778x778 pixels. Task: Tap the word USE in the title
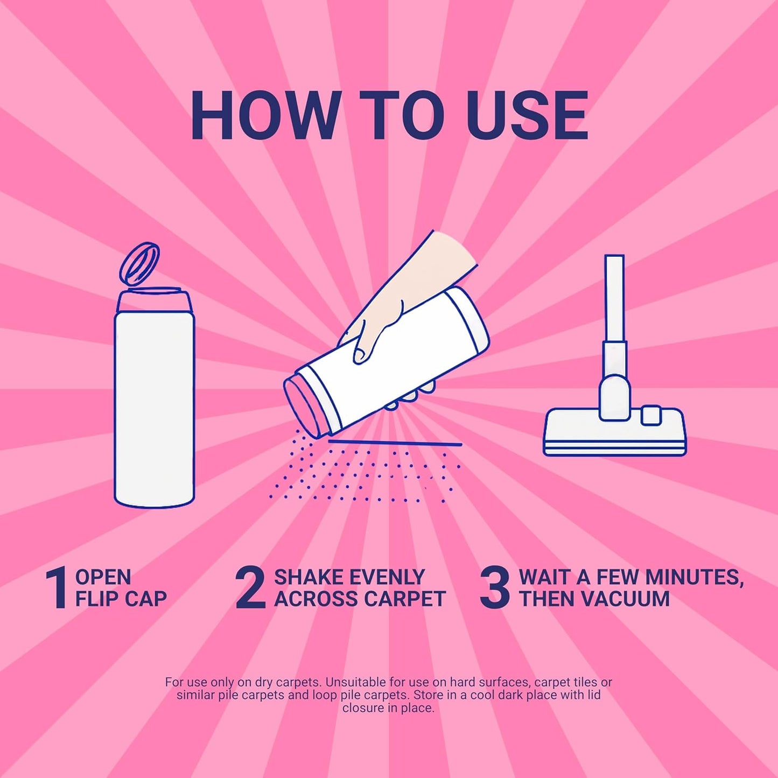tap(527, 115)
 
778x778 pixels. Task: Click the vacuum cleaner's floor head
tap(614, 432)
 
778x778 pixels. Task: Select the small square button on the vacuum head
tap(651, 415)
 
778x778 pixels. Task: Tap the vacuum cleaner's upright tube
tap(614, 299)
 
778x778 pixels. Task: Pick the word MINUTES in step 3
tap(692, 578)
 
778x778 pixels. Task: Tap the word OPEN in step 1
tap(103, 577)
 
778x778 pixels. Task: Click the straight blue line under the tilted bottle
tap(395, 443)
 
